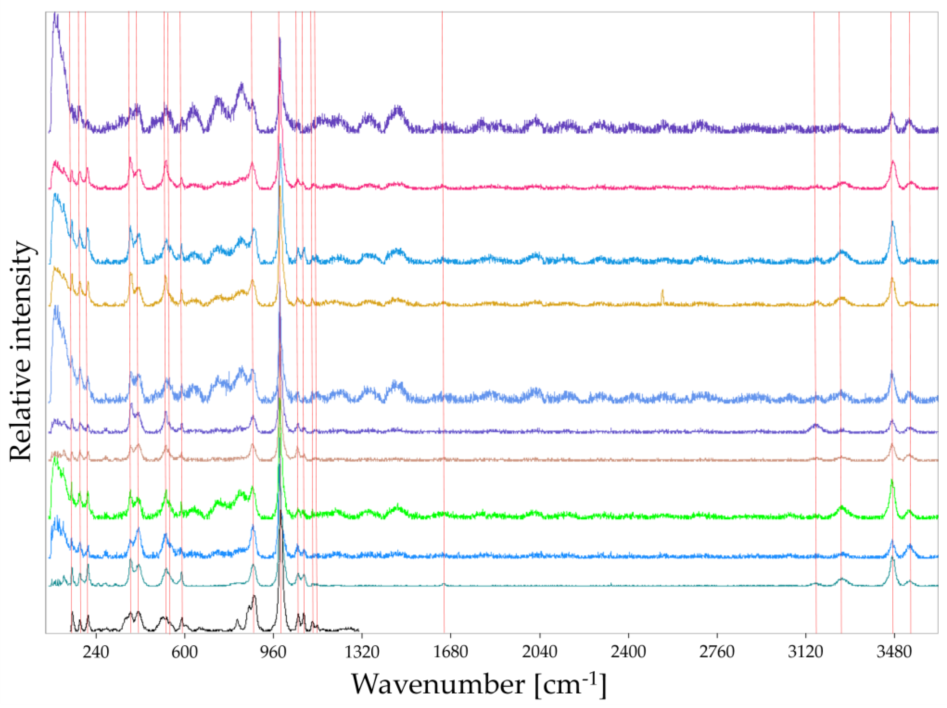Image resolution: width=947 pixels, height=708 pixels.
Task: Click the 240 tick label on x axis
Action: pyautogui.click(x=96, y=652)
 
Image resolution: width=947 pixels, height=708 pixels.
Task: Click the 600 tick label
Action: pyautogui.click(x=185, y=652)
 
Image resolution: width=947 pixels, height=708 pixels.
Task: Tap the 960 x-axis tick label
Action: pyautogui.click(x=273, y=652)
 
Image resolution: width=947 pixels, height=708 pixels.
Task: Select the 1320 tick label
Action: pyautogui.click(x=362, y=652)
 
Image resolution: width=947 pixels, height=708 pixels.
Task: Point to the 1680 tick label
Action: pyautogui.click(x=451, y=652)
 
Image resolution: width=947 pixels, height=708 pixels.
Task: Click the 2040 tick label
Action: pyautogui.click(x=540, y=652)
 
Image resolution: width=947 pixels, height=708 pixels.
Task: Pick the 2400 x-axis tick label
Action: pyautogui.click(x=628, y=652)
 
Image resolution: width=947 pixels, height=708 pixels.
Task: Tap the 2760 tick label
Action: pyautogui.click(x=717, y=652)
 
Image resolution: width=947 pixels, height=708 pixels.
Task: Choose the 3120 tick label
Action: pyautogui.click(x=806, y=652)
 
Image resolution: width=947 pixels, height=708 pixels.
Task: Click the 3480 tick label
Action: pyautogui.click(x=894, y=652)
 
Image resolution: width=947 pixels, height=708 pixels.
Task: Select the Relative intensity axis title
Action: pyautogui.click(x=21, y=351)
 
